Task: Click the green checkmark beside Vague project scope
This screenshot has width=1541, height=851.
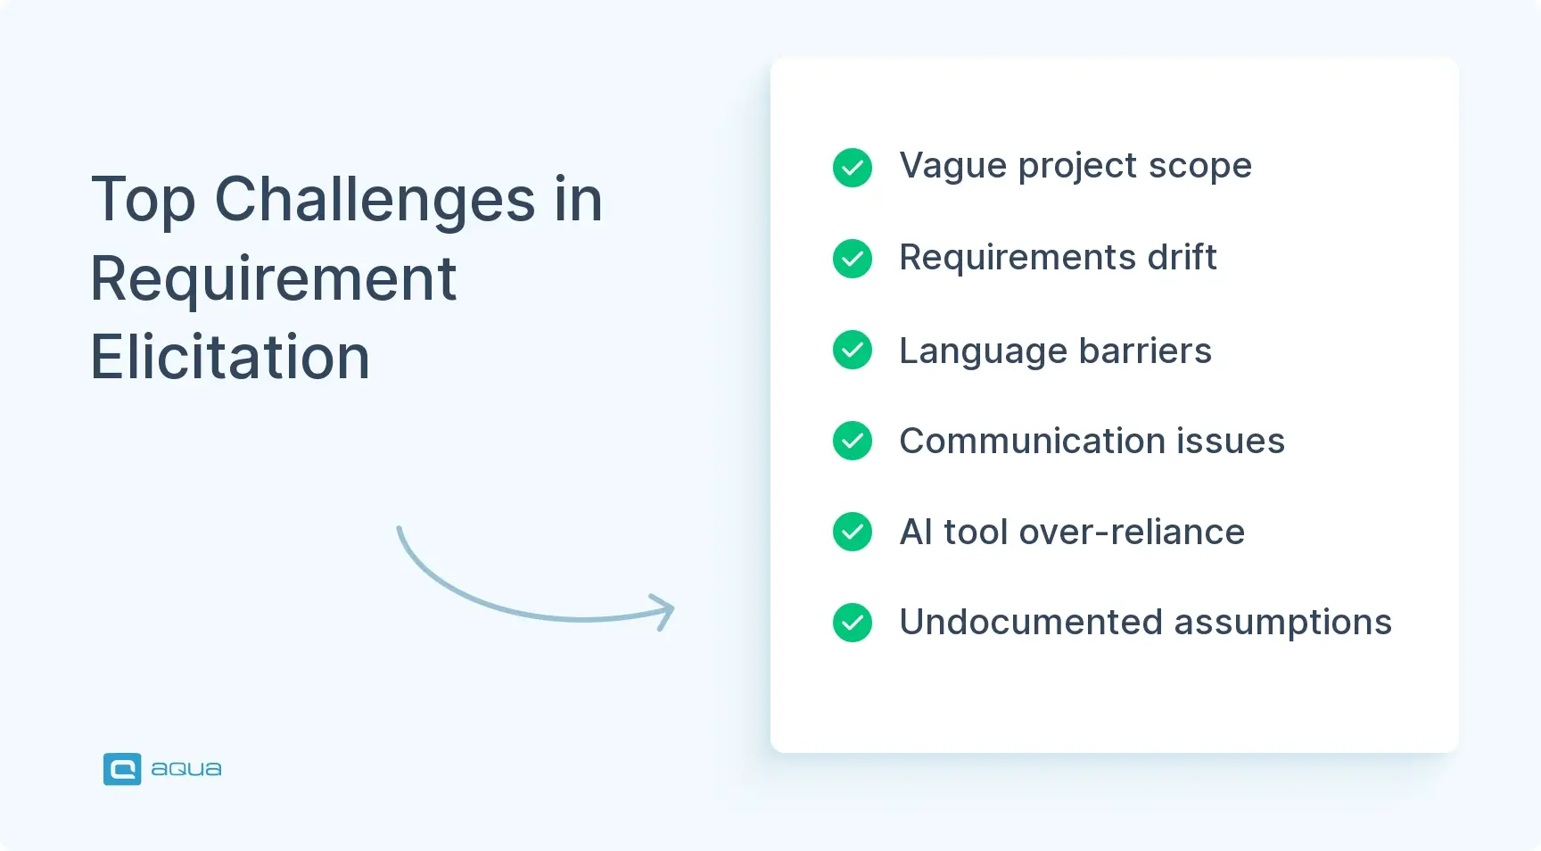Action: tap(853, 168)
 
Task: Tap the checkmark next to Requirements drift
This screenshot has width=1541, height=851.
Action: tap(853, 259)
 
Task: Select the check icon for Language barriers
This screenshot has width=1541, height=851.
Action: tap(853, 350)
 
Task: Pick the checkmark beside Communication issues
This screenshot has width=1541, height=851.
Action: tap(853, 441)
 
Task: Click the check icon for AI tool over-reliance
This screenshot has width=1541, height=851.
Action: tap(853, 532)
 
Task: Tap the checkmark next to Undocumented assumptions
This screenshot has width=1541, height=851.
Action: tap(853, 623)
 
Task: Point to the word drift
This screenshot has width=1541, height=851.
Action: tap(1182, 258)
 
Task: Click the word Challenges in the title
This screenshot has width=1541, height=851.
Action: tap(375, 200)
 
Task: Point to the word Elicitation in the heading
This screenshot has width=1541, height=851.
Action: tap(230, 358)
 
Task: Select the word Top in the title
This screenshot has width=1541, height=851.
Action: tap(143, 200)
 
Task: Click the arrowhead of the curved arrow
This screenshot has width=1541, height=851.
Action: tap(665, 611)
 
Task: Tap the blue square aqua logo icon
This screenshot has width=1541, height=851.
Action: tap(122, 769)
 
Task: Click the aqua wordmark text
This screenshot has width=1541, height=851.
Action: tap(186, 769)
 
